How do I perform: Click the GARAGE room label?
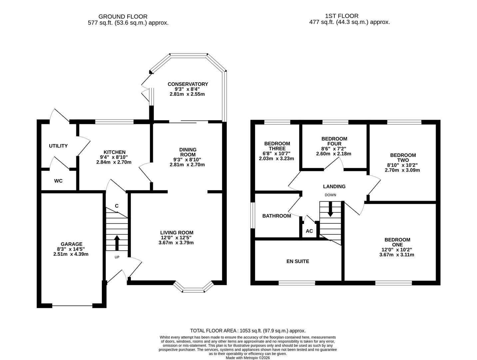point(71,244)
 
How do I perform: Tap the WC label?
point(58,181)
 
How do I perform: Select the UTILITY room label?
point(58,146)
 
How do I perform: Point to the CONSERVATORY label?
point(188,84)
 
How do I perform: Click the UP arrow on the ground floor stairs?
point(117,243)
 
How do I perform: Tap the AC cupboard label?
point(309,231)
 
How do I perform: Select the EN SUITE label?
point(298,261)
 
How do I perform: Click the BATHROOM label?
point(276,216)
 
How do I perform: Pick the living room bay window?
point(193,288)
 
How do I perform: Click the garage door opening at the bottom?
point(72,306)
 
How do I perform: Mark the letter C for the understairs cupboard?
point(117,206)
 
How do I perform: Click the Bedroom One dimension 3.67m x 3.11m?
point(397,255)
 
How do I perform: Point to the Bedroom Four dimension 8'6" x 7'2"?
point(334,149)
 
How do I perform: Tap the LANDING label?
point(334,186)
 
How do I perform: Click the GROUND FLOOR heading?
point(123,16)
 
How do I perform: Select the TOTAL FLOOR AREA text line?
point(247,331)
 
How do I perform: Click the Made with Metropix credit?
point(247,358)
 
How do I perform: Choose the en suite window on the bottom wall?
point(296,283)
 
